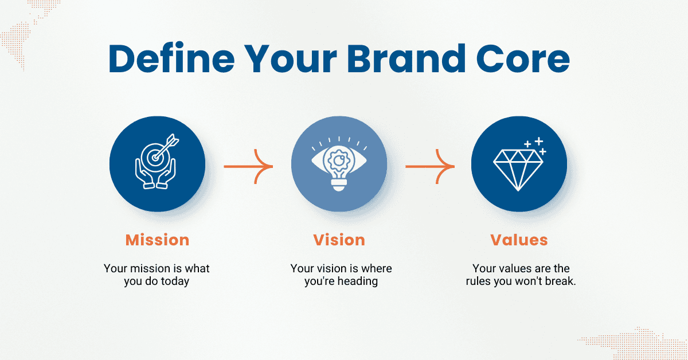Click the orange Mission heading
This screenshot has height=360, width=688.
point(157,240)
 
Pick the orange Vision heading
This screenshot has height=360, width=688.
point(339,240)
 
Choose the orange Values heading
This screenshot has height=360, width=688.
point(519,240)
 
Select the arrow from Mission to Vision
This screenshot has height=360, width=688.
point(248,166)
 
